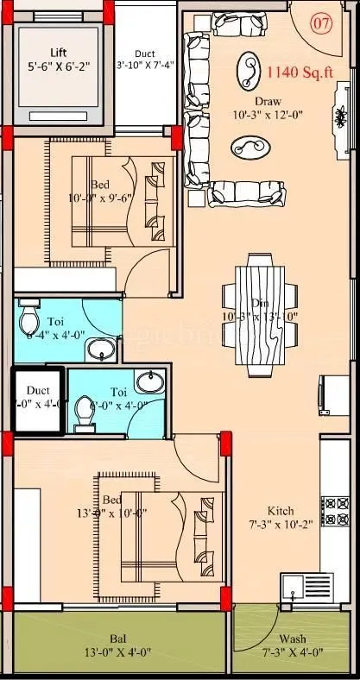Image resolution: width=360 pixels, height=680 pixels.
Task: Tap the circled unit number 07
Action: (x=320, y=23)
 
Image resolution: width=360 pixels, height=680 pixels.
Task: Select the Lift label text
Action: (x=60, y=51)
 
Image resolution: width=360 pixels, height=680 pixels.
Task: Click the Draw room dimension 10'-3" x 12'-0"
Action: (x=267, y=113)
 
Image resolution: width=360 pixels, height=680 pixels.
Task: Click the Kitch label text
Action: (x=281, y=510)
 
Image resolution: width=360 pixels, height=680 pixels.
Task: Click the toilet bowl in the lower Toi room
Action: (x=84, y=414)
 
